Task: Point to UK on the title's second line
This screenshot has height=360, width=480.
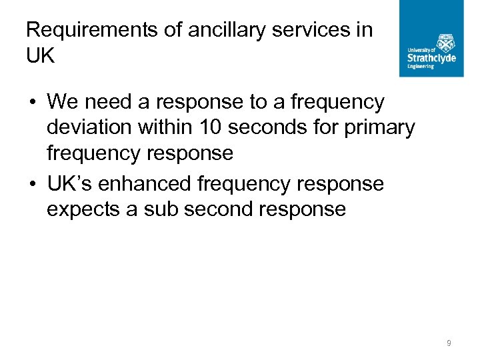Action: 40,56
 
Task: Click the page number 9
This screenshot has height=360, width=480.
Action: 449,343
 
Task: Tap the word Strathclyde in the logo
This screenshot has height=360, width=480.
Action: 431,58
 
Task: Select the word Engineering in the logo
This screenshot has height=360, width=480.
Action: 421,67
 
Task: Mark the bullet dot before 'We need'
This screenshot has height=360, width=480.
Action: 32,103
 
